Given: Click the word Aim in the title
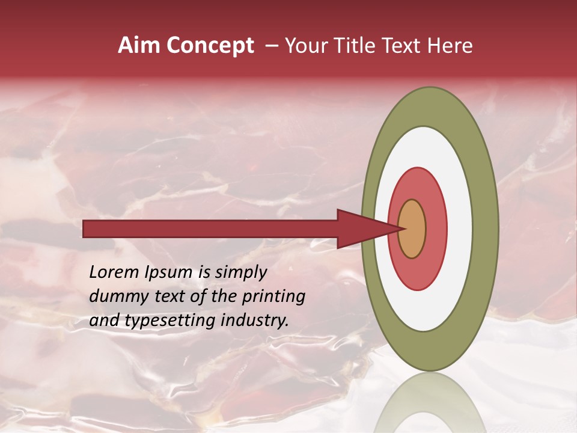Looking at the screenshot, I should pyautogui.click(x=138, y=46).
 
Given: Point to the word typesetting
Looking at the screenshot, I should pyautogui.click(x=162, y=321).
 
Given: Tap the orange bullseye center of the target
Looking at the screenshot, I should pyautogui.click(x=412, y=229).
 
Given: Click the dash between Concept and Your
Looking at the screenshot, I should pyautogui.click(x=272, y=46).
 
